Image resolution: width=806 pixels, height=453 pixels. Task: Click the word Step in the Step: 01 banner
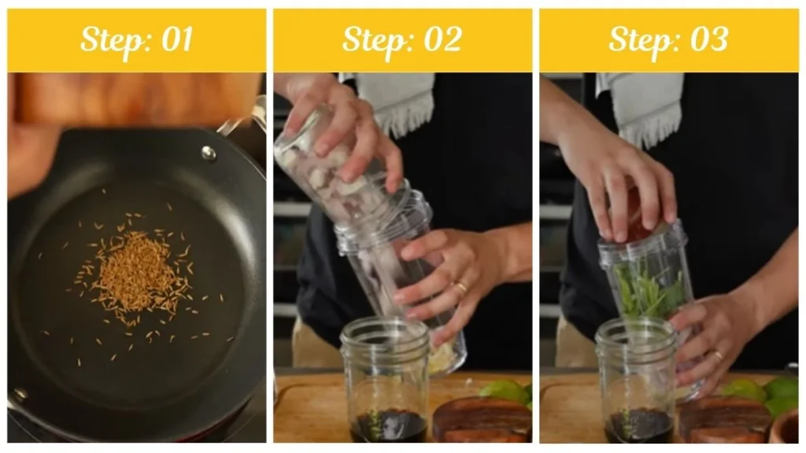click(109, 39)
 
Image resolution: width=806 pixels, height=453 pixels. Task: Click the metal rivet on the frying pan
click(209, 153)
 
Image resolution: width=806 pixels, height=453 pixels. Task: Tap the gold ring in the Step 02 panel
click(461, 287)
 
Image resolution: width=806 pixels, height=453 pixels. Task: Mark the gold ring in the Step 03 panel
click(718, 355)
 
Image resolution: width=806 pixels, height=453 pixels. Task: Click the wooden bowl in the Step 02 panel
click(482, 421)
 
